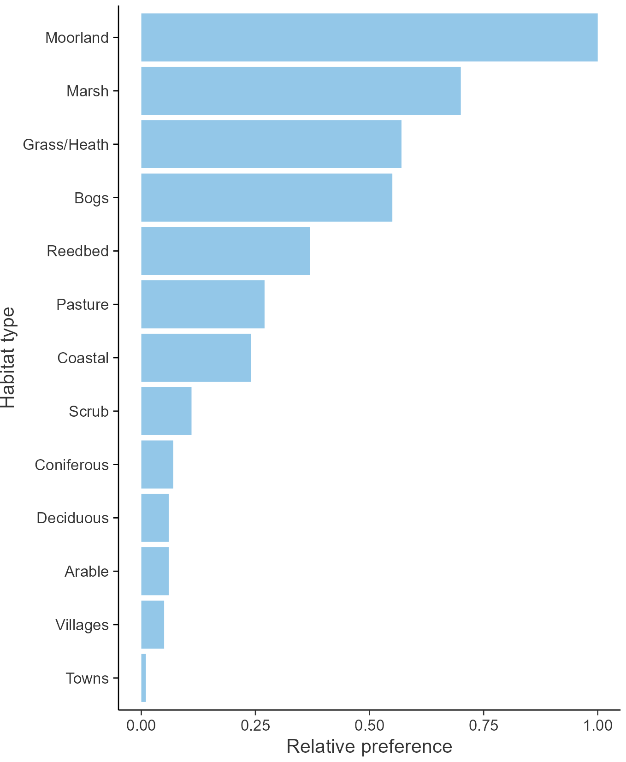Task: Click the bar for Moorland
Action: click(x=369, y=37)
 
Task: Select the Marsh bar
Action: click(x=301, y=91)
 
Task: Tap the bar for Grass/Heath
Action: click(x=271, y=144)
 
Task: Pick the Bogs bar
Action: click(x=266, y=198)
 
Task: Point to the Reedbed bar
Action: click(x=225, y=251)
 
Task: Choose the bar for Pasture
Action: click(x=203, y=304)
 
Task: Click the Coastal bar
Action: click(x=196, y=358)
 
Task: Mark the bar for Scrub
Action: click(x=166, y=411)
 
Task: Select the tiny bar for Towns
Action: click(x=143, y=678)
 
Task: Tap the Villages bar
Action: click(x=153, y=625)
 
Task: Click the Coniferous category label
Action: click(x=72, y=465)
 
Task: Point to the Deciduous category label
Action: click(x=73, y=518)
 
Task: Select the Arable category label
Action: click(x=87, y=571)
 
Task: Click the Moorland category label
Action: click(x=77, y=37)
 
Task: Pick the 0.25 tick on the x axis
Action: click(x=255, y=726)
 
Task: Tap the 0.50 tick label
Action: click(x=369, y=726)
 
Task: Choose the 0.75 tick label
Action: click(x=484, y=726)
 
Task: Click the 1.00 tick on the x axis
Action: click(x=597, y=726)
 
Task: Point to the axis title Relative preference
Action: click(x=369, y=746)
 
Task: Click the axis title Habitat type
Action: click(x=8, y=358)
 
